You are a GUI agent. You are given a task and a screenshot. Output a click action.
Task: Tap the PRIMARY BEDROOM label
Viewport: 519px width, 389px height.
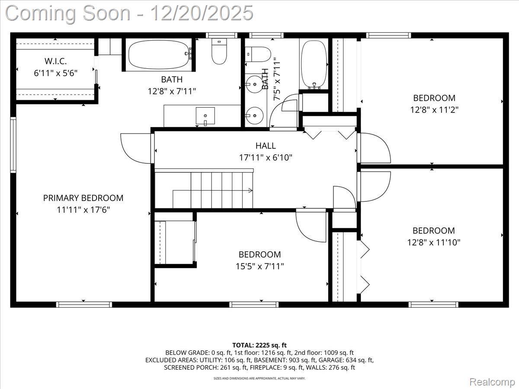point(83,198)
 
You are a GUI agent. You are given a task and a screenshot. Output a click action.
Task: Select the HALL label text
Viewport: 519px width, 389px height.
point(266,146)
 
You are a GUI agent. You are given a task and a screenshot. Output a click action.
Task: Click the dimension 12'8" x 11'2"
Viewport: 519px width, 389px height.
point(434,110)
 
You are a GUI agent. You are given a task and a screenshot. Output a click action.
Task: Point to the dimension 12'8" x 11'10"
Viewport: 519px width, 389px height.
point(433,242)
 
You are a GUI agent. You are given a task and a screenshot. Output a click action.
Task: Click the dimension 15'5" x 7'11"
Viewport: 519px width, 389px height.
point(259,266)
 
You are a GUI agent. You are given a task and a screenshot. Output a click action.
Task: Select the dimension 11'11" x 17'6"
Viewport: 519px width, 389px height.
point(83,210)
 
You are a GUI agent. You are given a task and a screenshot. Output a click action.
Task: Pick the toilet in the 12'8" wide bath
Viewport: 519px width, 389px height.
point(219,52)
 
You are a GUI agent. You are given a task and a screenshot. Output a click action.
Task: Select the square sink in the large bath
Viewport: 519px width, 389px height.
point(205,116)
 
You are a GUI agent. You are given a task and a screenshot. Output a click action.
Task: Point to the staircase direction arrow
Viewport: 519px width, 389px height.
point(249,190)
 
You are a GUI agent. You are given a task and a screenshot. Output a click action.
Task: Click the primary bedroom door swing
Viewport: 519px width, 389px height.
point(136,148)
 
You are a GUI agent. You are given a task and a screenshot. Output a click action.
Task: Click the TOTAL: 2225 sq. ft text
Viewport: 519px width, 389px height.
point(259,345)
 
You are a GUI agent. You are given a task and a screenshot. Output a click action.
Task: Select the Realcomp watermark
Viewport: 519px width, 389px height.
point(492,382)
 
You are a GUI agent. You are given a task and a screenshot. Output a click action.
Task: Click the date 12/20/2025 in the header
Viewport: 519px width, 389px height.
point(201,13)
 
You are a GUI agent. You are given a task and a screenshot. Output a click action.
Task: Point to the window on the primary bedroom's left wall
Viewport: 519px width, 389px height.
point(13,145)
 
